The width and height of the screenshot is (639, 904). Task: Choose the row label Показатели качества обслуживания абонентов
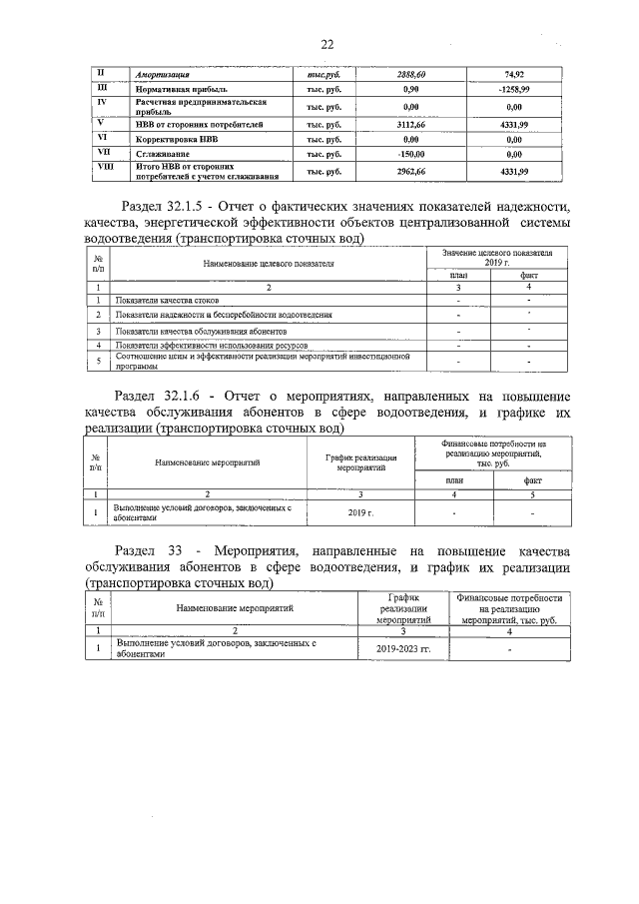[x=201, y=330]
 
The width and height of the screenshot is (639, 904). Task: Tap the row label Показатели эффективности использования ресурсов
[x=212, y=345]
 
